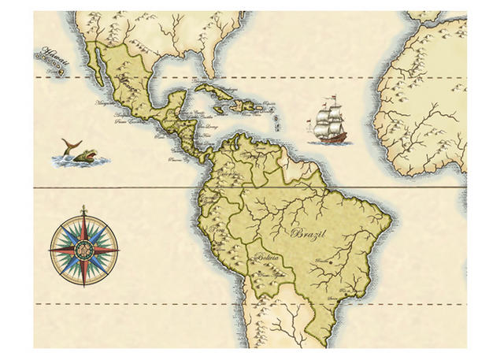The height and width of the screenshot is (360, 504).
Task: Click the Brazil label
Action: [x=308, y=233]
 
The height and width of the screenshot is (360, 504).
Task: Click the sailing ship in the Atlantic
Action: [x=330, y=123]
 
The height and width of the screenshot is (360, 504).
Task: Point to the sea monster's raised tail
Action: [x=70, y=144]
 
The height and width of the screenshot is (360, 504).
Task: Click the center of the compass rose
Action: [x=83, y=250]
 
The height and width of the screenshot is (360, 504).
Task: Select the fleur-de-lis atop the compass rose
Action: [x=83, y=210]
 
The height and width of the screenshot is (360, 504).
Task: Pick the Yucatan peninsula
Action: [x=182, y=98]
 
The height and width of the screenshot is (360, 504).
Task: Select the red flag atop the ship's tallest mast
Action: [x=332, y=98]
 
